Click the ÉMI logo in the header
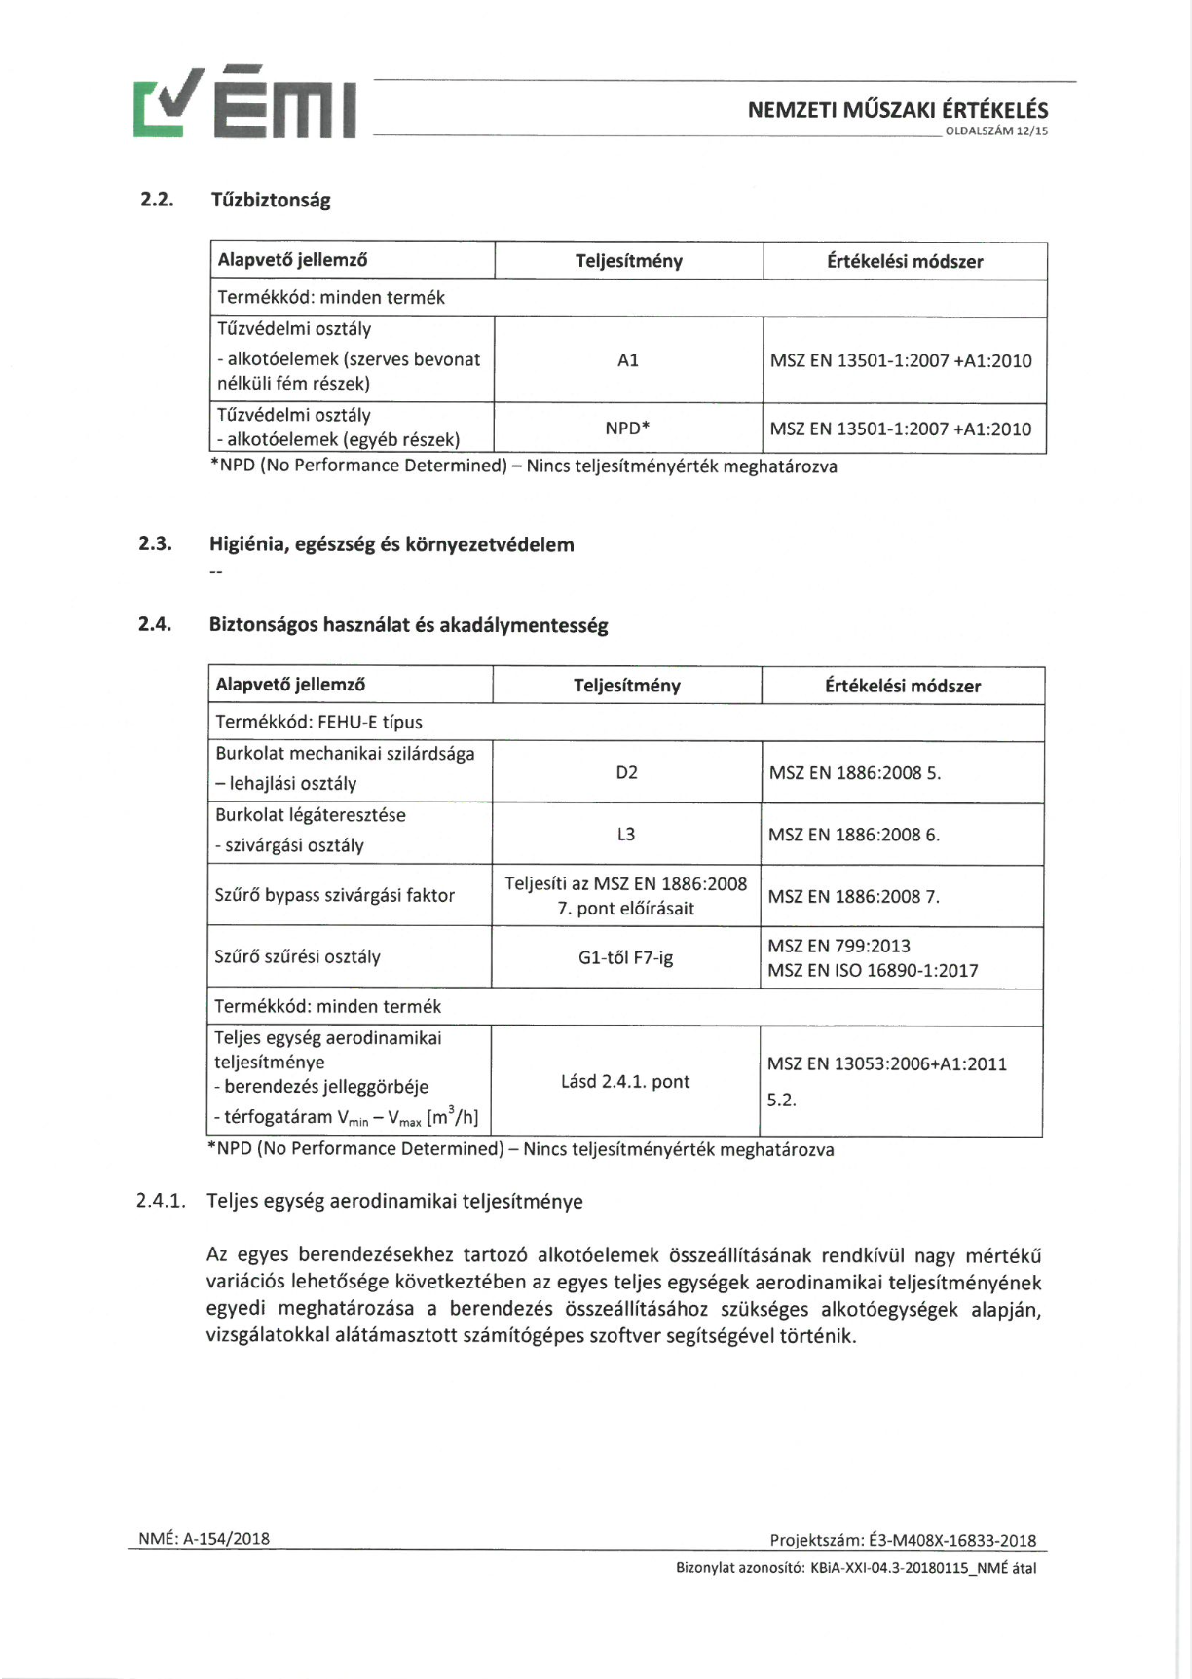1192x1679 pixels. click(244, 103)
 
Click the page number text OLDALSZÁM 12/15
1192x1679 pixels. click(996, 131)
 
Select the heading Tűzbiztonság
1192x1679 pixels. click(271, 200)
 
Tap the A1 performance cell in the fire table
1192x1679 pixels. click(628, 360)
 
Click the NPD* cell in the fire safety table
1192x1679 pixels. click(627, 428)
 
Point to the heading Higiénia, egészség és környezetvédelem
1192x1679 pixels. click(391, 544)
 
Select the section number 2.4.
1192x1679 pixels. click(155, 624)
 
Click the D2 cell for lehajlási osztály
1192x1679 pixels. click(626, 772)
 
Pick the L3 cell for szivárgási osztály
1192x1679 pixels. click(626, 834)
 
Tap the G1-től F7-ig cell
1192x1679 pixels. click(625, 957)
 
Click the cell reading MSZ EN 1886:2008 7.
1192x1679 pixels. click(853, 896)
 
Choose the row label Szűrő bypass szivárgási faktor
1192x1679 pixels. click(335, 895)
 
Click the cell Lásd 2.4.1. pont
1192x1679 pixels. click(625, 1081)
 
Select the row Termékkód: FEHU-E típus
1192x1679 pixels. click(318, 722)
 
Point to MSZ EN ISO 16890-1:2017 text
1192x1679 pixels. click(873, 970)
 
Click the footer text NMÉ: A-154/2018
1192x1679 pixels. click(205, 1538)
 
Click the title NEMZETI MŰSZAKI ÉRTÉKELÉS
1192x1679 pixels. click(898, 110)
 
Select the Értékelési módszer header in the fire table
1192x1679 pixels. click(905, 261)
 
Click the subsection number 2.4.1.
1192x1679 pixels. click(161, 1201)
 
